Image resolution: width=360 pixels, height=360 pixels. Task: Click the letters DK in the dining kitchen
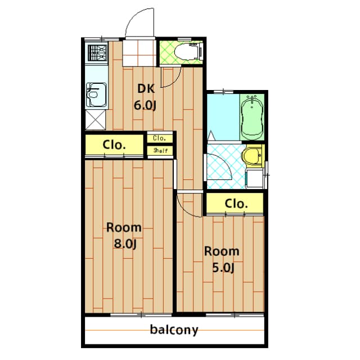click(x=146, y=89)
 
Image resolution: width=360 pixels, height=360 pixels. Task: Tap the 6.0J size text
click(x=145, y=106)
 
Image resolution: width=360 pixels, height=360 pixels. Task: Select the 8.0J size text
click(x=125, y=244)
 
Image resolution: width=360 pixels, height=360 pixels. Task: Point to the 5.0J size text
click(x=223, y=268)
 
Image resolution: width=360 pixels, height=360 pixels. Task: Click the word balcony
click(x=174, y=330)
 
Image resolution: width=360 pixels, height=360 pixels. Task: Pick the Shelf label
click(x=161, y=151)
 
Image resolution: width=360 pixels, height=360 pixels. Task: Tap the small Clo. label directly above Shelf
click(x=159, y=138)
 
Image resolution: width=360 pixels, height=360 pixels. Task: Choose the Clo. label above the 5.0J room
click(x=236, y=204)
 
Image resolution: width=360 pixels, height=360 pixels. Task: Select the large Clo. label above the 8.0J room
click(x=114, y=145)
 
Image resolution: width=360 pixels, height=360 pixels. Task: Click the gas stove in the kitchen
click(x=97, y=53)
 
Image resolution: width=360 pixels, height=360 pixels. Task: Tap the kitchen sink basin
click(x=96, y=95)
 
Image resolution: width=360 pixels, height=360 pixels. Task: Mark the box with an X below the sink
click(x=95, y=119)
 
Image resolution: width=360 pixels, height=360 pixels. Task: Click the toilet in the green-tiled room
click(x=188, y=51)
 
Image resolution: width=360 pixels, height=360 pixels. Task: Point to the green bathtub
click(x=252, y=117)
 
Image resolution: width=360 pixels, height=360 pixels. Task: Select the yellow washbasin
click(x=252, y=156)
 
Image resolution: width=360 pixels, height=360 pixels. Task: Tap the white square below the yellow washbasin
click(x=255, y=179)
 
